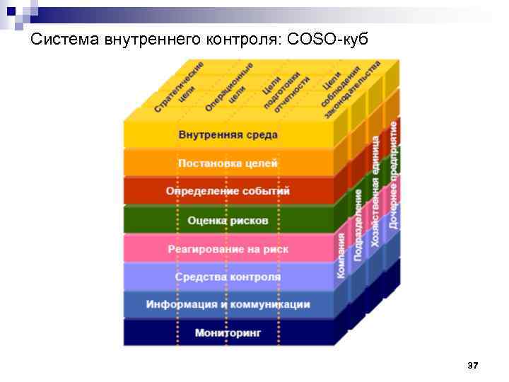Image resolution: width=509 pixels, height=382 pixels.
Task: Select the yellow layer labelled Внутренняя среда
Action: (228, 134)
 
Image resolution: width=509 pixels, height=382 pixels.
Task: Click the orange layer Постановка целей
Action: (228, 163)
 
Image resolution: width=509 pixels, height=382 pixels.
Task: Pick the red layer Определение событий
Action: (228, 191)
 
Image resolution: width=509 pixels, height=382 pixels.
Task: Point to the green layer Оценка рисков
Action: (228, 221)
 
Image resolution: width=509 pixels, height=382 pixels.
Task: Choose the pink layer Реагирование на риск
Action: (228, 249)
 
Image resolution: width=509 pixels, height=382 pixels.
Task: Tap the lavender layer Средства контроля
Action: (228, 277)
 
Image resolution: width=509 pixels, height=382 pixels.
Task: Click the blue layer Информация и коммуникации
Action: (228, 304)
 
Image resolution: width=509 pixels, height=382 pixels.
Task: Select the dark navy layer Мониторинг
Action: (228, 332)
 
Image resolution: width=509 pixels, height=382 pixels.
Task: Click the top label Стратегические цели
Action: (181, 88)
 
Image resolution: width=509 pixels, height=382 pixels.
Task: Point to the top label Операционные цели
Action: (230, 88)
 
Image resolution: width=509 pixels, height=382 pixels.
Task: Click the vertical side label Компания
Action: (341, 255)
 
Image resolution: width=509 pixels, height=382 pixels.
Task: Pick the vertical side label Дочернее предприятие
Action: (393, 174)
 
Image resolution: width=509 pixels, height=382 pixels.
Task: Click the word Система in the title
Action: (66, 39)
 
